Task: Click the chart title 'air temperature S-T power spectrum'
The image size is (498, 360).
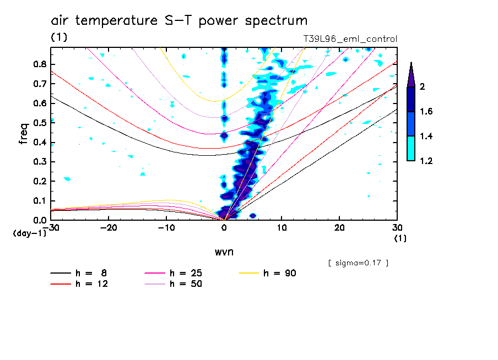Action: (x=179, y=21)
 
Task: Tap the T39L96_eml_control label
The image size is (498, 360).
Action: (x=350, y=39)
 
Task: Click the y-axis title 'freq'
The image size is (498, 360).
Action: (x=23, y=133)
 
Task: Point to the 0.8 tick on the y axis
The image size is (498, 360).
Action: (x=39, y=64)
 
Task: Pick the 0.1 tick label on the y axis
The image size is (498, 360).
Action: (x=39, y=201)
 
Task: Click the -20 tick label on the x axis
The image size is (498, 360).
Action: (x=109, y=227)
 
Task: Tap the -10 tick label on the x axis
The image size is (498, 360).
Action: (x=166, y=227)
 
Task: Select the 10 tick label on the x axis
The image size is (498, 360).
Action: (x=282, y=227)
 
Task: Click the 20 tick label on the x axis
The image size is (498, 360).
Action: (x=339, y=227)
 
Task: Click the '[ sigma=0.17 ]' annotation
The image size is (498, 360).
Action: (x=358, y=263)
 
